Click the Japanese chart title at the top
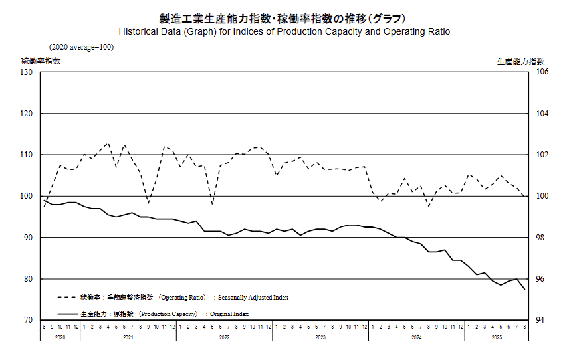[282, 18]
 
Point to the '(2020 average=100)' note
[81, 47]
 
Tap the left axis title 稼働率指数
[41, 61]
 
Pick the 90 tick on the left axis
[29, 237]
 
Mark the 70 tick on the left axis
[29, 320]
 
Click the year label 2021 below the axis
[128, 338]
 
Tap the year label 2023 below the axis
[320, 338]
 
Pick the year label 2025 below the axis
[496, 338]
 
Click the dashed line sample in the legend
[66, 298]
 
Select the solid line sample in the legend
[66, 314]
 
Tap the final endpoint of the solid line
[525, 290]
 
